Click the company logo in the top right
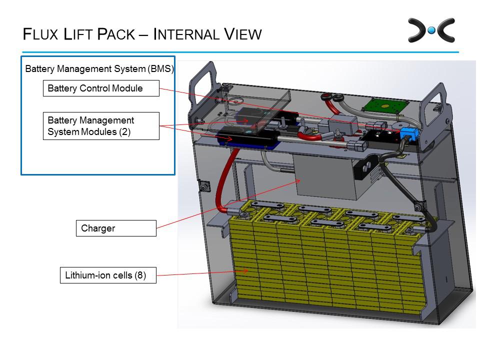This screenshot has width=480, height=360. (431, 30)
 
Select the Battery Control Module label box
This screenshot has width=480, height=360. (100, 88)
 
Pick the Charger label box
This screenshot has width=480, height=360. (115, 228)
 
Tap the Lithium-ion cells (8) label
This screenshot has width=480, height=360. (107, 275)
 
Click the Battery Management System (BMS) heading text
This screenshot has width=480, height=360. (99, 68)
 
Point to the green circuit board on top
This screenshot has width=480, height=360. (386, 104)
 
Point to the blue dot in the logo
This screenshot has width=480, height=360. (431, 31)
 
